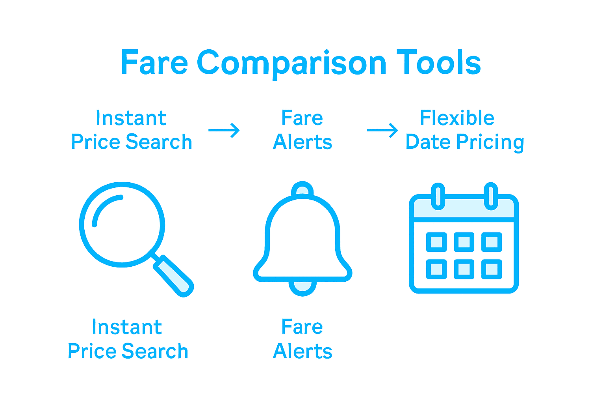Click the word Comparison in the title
pos(291,63)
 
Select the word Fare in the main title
pos(154,63)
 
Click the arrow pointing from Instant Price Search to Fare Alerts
pos(224,130)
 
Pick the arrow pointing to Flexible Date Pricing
pos(382,130)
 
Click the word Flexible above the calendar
pos(457,118)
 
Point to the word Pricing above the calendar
pos(490,142)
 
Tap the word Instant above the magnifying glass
pos(131,118)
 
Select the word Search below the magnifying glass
pos(155,351)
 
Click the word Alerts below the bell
pos(302,351)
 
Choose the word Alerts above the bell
pos(302,142)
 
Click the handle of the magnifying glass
pos(173,276)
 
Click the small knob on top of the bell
pos(302,190)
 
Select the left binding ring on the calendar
pos(438,196)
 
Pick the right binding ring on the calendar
pos(491,196)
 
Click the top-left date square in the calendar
pos(436,242)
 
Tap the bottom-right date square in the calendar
pos(492,269)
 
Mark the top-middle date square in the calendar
pos(464,242)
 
